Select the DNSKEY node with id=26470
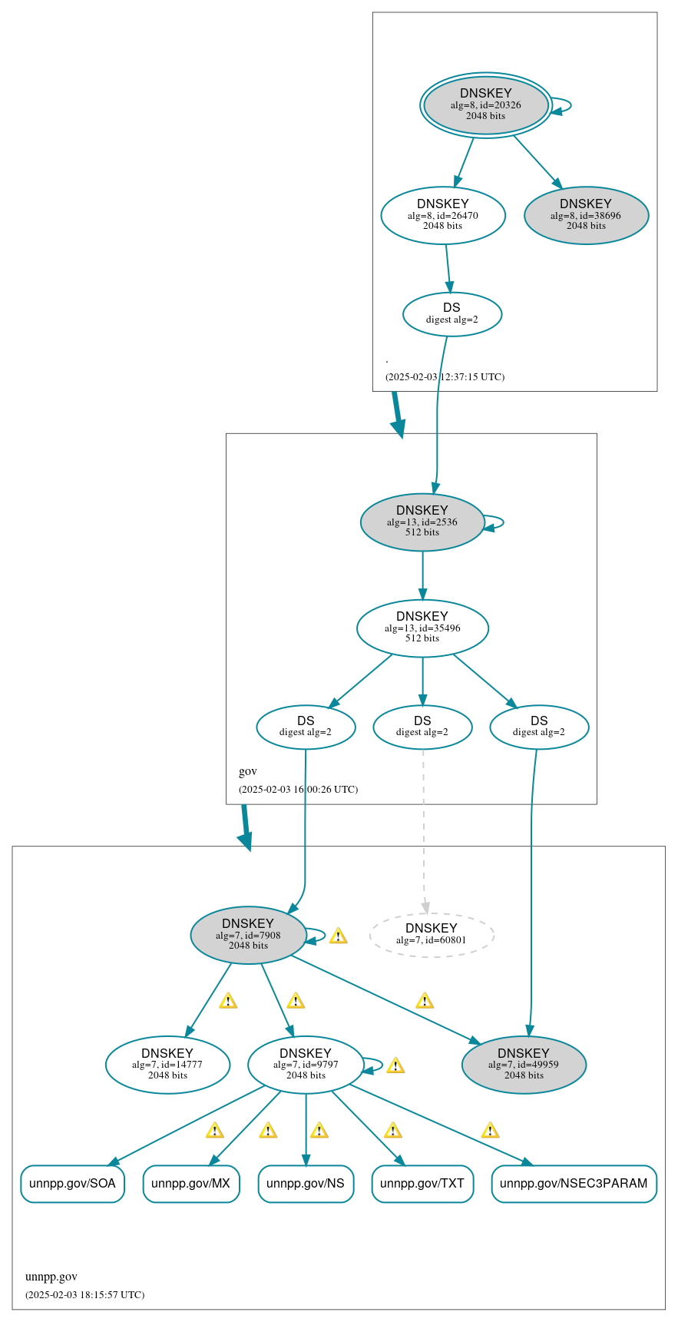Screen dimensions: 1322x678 tap(443, 216)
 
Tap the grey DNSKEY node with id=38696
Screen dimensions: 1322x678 tap(586, 216)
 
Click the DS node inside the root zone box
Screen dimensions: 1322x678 tap(452, 314)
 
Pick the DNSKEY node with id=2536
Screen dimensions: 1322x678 tap(422, 522)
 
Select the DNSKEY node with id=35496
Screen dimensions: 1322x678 tap(422, 628)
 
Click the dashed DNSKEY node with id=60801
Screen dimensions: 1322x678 tap(432, 935)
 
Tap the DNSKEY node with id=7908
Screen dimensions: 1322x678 tap(248, 935)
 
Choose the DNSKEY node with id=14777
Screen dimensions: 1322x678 tap(167, 1065)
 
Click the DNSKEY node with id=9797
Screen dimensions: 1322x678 tap(306, 1065)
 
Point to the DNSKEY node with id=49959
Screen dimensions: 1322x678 tap(524, 1065)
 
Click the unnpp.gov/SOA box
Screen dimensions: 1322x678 tap(72, 1184)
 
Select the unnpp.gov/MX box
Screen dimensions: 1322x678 tap(191, 1184)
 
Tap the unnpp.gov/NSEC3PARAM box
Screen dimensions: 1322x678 tap(574, 1184)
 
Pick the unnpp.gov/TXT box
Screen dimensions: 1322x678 tap(422, 1184)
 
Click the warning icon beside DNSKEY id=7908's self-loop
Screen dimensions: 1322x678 tap(338, 936)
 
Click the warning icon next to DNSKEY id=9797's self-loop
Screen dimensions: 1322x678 tap(395, 1065)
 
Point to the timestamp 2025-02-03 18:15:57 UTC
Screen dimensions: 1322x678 tap(84, 1295)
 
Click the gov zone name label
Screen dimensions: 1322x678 tap(248, 771)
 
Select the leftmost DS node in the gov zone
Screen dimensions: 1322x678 tap(306, 727)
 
